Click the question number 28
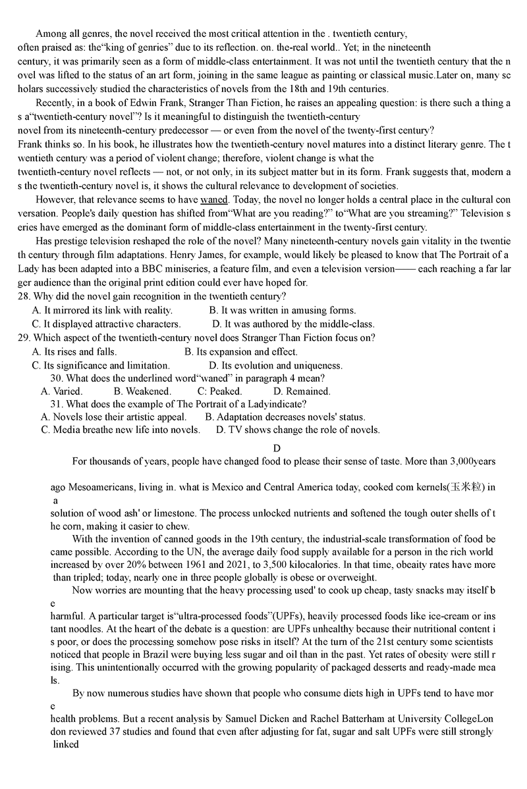[24, 297]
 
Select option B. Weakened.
[142, 391]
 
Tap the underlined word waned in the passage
[214, 199]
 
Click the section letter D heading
[277, 448]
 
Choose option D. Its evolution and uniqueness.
[276, 365]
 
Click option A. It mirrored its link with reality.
[102, 310]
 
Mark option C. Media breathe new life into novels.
[121, 430]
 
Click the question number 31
[56, 404]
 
